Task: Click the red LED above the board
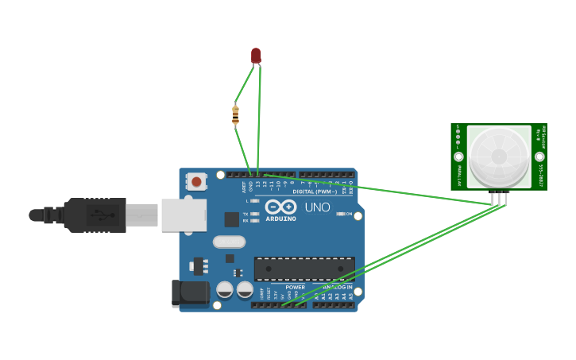256,55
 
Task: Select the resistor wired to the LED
235,114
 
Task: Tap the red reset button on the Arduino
196,181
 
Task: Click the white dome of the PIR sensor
499,156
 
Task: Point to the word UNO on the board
317,207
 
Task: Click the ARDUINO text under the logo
280,219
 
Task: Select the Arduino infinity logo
280,207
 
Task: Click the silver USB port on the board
184,215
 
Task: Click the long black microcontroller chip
304,269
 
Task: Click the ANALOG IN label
338,287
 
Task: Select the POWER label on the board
295,287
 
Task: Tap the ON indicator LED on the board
341,214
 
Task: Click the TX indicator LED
254,214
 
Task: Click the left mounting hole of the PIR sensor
458,157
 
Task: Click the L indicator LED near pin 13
254,201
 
